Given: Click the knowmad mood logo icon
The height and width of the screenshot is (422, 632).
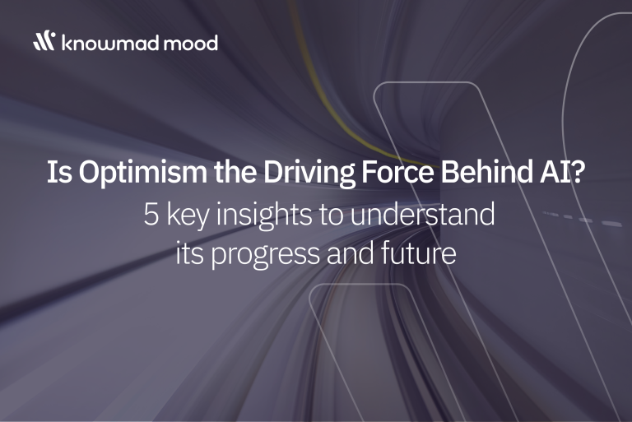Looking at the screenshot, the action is pos(44,40).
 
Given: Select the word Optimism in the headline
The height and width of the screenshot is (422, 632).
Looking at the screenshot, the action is pos(142,173).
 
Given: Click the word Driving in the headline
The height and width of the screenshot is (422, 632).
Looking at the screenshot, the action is pos(309,173).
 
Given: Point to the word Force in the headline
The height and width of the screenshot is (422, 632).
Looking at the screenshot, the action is pos(397,172).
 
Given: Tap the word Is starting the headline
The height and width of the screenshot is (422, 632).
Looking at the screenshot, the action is pos(59,172).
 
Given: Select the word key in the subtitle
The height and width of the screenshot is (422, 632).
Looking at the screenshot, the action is pos(188,216).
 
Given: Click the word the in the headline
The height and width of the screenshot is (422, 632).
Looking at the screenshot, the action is pos(235,172).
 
